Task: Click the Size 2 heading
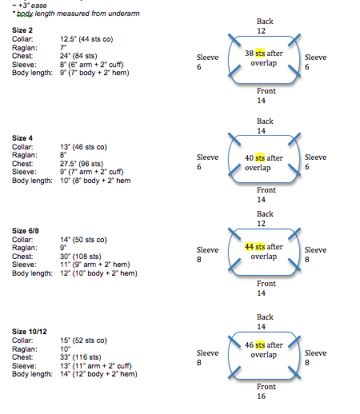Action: point(22,30)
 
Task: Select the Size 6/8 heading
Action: point(26,231)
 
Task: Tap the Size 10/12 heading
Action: point(30,332)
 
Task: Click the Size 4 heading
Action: point(22,138)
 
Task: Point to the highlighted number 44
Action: point(249,247)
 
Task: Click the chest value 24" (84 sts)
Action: point(78,56)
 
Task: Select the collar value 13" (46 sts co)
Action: point(83,147)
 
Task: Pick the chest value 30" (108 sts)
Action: point(81,257)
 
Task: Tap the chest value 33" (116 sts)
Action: point(81,357)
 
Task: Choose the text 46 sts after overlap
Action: point(264,350)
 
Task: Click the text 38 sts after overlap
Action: point(264,58)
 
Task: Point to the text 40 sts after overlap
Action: point(264,163)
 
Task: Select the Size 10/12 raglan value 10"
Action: point(65,349)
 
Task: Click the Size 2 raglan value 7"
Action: point(63,48)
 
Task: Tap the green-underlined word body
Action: point(25,14)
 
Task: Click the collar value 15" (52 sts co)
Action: point(83,340)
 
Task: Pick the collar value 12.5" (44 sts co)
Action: point(86,39)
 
